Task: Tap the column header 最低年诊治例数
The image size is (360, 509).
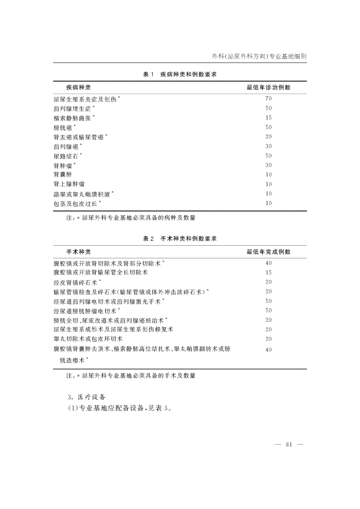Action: [x=268, y=87]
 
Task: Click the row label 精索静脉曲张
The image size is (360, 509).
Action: [x=73, y=118]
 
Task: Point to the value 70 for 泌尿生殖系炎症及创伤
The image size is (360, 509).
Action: [x=269, y=99]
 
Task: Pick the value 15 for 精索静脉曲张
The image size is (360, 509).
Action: [x=269, y=118]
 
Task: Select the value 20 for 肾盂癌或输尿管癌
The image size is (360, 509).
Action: [x=269, y=137]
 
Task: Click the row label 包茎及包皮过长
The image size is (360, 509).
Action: [x=76, y=203]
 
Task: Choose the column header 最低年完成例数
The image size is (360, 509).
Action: [x=268, y=252]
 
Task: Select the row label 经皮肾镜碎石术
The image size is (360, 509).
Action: [x=76, y=282]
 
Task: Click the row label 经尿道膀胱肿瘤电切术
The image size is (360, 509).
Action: [x=86, y=311]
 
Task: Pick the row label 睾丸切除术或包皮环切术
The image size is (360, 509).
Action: [x=88, y=339]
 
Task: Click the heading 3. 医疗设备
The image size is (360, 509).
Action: [x=87, y=397]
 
